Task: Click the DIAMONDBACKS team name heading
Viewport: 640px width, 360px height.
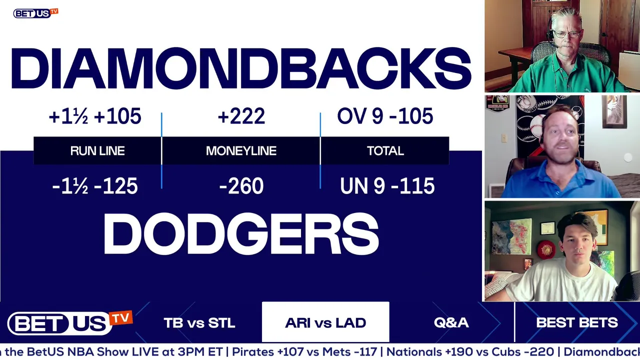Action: click(241, 68)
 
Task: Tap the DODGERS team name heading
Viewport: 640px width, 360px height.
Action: click(241, 233)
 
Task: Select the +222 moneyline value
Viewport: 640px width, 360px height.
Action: click(241, 116)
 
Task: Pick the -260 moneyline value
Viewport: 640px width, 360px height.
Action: click(241, 186)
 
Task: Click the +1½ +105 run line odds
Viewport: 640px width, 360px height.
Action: click(95, 116)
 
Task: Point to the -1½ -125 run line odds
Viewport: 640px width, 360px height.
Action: click(95, 186)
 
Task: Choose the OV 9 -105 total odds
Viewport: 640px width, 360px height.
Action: click(385, 116)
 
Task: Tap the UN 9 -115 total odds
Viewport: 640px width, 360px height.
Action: click(387, 186)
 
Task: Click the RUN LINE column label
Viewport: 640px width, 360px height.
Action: click(97, 151)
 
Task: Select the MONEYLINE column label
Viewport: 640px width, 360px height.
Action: click(241, 151)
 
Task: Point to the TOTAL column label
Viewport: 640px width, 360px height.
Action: click(385, 151)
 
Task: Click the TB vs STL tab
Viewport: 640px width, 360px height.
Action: click(199, 323)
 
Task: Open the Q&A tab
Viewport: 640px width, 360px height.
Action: click(451, 322)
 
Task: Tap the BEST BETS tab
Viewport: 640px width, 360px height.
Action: click(577, 322)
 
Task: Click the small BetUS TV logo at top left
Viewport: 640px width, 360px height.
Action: click(35, 13)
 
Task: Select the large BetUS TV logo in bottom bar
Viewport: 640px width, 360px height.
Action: click(69, 323)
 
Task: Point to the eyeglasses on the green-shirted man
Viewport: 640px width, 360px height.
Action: click(566, 34)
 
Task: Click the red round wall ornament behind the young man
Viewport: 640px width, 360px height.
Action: click(546, 249)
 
